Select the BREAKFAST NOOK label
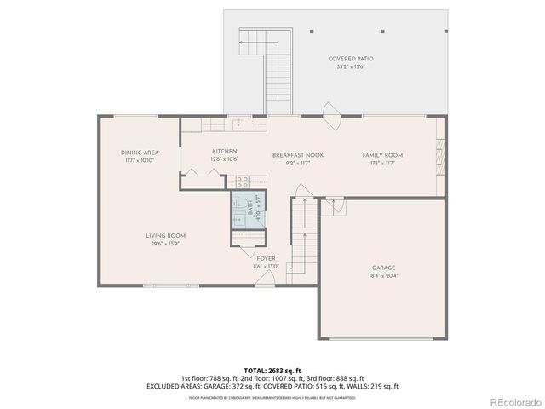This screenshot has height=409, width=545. (291, 155)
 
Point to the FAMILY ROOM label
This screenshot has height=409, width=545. (382, 155)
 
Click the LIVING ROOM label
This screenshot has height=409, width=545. (165, 236)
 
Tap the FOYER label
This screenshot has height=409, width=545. (267, 258)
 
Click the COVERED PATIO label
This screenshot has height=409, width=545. (355, 59)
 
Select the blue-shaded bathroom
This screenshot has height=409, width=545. (247, 209)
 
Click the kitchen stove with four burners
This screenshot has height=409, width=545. (242, 181)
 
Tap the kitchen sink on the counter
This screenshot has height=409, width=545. (239, 124)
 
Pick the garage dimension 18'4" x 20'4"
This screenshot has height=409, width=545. (382, 275)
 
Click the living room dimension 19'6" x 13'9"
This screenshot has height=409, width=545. (165, 244)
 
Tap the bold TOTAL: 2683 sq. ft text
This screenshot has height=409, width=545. (272, 371)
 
